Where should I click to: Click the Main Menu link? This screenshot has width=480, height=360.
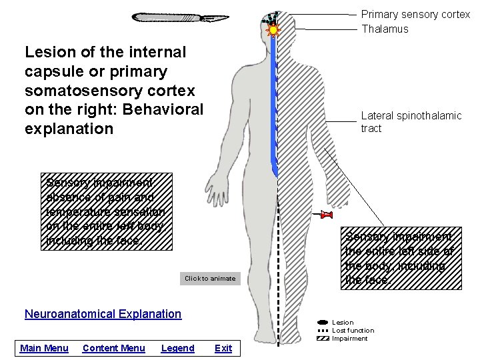coord(44,348)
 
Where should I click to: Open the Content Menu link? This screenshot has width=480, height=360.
coord(113,348)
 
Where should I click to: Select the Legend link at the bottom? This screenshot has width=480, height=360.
coord(178,348)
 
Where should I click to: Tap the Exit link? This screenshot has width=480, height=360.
coord(223,348)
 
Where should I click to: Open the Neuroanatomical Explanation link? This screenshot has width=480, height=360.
coord(103,314)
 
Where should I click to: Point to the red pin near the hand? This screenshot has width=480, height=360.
coord(326,215)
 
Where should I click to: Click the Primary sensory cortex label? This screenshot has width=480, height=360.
coord(415,14)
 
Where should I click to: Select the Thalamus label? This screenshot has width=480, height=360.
coord(385,29)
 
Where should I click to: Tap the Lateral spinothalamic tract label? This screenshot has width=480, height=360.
coord(411,122)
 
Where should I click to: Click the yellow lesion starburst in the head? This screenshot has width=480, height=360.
coord(273,30)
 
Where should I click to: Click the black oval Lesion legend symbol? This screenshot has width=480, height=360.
coord(323,323)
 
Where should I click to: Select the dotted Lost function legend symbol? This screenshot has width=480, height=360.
coord(323,331)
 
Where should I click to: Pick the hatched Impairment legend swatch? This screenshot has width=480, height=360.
coord(323,339)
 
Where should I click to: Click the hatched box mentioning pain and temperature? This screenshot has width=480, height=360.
coord(109,211)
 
